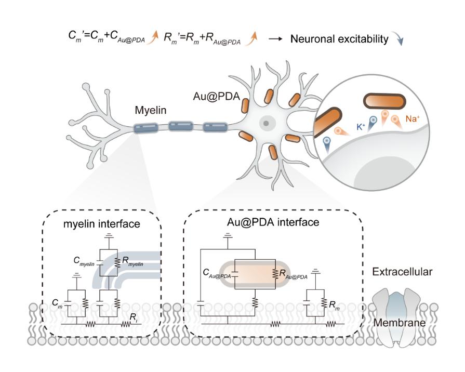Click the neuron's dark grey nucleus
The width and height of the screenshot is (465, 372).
coord(266,123)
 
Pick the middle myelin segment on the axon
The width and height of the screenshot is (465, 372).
coord(180,126)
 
